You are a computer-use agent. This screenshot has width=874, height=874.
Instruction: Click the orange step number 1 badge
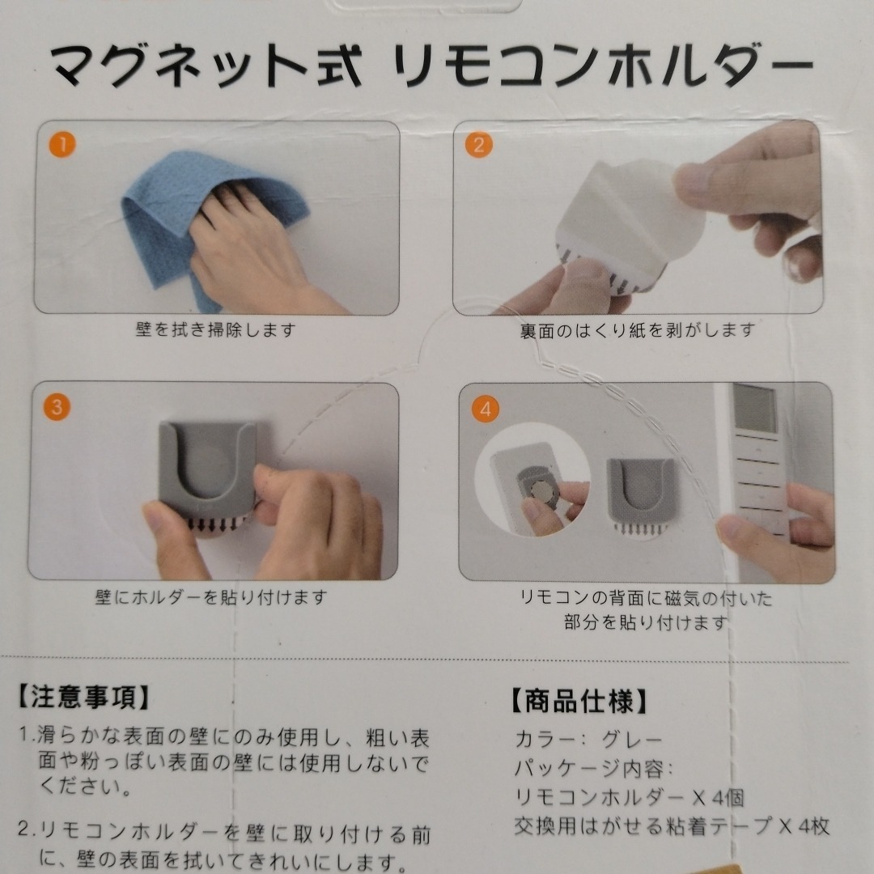[x=62, y=144]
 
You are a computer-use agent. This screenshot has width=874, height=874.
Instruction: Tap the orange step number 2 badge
[x=479, y=145]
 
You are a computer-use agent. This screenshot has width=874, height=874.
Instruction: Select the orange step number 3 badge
[x=57, y=407]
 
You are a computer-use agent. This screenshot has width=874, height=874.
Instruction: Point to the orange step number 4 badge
[x=486, y=409]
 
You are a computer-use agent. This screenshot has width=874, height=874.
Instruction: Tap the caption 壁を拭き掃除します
[x=216, y=330]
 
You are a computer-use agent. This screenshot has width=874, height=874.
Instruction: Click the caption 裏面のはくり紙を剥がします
[x=637, y=330]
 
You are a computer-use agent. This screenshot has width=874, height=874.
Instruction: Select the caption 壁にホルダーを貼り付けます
[x=210, y=597]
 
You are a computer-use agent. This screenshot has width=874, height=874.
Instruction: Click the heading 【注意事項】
[x=83, y=698]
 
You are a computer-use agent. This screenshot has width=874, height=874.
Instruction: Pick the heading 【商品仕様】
[x=579, y=702]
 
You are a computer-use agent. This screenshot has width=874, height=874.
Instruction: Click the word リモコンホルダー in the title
[x=603, y=66]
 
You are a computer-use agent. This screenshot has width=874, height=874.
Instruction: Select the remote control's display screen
[x=754, y=409]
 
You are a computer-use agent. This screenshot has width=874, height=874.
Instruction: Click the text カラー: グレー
[x=588, y=740]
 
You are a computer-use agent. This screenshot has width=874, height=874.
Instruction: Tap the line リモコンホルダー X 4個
[x=630, y=798]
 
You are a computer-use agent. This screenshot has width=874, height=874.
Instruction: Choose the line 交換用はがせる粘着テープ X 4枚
[x=672, y=826]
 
